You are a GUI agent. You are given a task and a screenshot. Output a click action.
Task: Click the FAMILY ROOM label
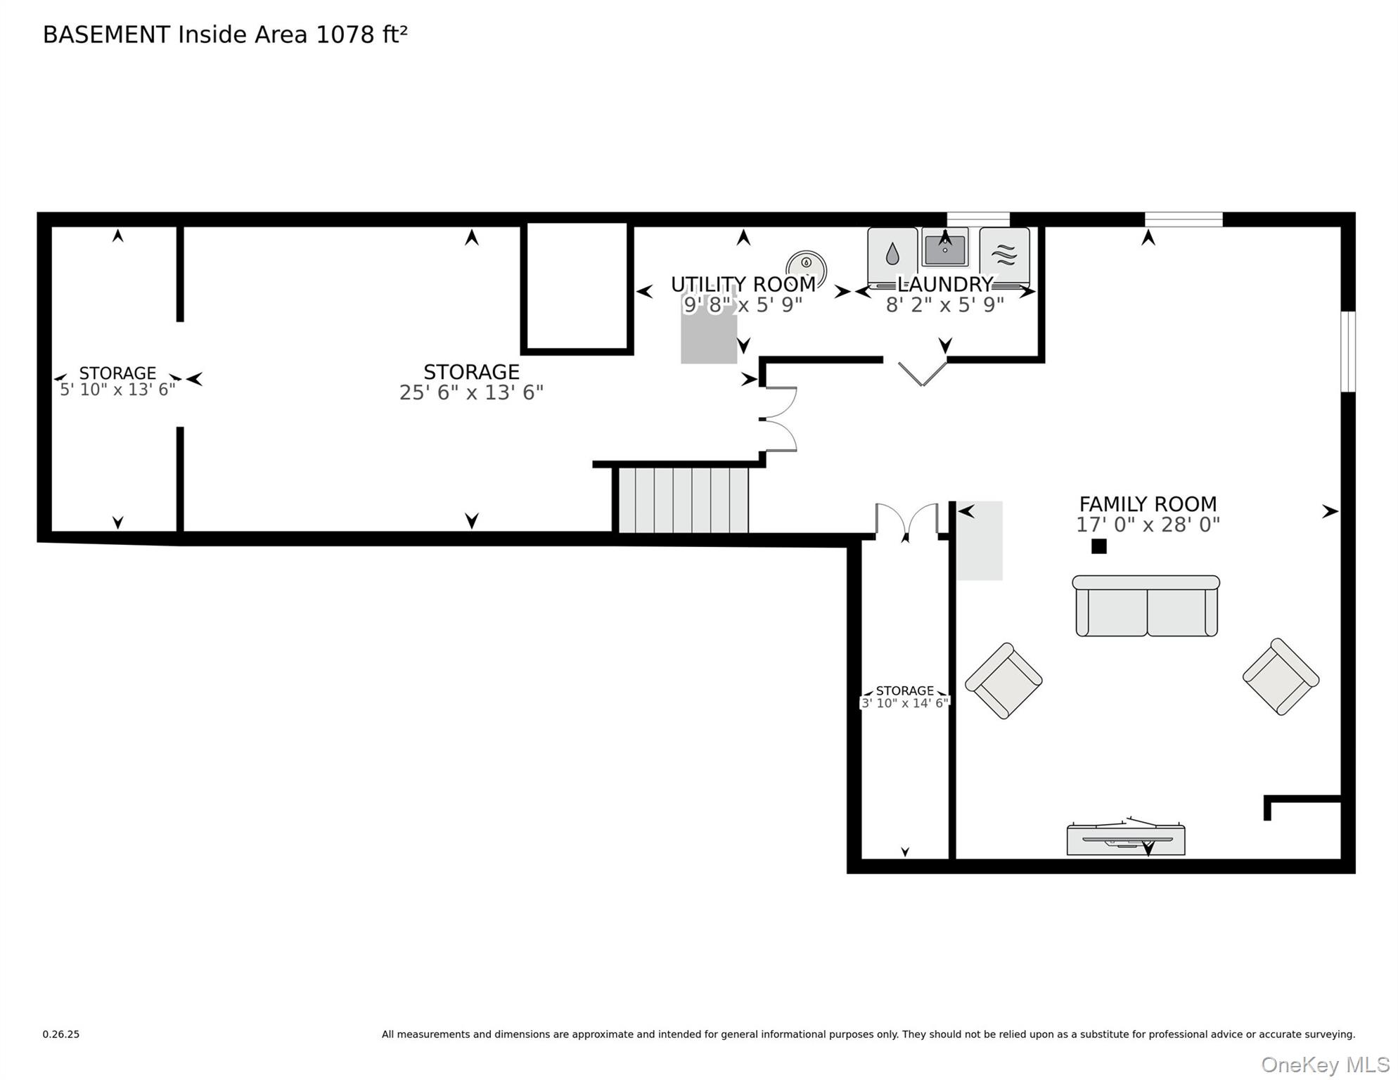(x=1148, y=504)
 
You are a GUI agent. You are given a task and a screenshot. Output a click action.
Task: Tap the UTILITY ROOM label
(x=743, y=284)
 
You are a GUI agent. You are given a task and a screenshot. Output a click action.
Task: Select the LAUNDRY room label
(x=944, y=284)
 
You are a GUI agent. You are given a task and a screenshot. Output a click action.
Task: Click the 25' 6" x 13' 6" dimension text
(x=471, y=392)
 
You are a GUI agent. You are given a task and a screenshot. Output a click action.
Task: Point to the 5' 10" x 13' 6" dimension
(x=117, y=390)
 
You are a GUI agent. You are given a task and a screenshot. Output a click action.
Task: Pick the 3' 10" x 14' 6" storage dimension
(x=905, y=703)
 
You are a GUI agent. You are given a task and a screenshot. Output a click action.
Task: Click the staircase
(x=682, y=500)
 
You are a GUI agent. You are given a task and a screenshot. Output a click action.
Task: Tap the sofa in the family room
(x=1146, y=606)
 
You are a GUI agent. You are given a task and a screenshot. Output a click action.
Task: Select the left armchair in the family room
(x=1003, y=681)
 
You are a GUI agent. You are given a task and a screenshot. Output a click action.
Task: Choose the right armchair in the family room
(x=1281, y=676)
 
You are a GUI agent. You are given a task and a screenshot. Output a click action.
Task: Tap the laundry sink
(x=944, y=247)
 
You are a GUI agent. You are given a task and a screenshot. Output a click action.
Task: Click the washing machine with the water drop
(x=892, y=257)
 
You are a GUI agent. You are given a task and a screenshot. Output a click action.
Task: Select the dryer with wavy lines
(x=1004, y=257)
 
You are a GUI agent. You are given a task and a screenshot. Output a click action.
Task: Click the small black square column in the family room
(x=1098, y=546)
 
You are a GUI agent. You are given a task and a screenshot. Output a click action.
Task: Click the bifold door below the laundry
(x=922, y=373)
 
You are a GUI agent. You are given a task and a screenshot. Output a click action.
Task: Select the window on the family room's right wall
(x=1347, y=352)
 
